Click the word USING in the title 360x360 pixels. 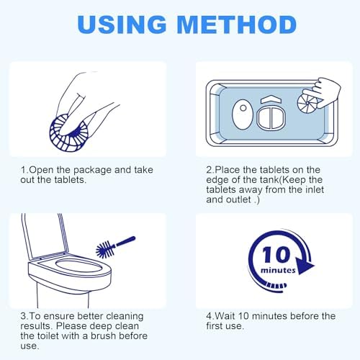coord(122,24)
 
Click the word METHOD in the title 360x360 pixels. coord(238,24)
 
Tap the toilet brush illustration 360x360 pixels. coord(115,247)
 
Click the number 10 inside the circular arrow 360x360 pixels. coord(276,254)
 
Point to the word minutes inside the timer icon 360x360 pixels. coord(278,271)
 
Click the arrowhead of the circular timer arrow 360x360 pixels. coord(305,266)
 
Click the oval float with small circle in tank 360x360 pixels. coord(243,114)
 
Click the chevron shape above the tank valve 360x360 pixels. coord(271,99)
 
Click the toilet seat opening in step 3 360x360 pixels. coord(78,267)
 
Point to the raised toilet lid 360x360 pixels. coord(45,235)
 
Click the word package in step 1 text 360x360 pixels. coord(93,171)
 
